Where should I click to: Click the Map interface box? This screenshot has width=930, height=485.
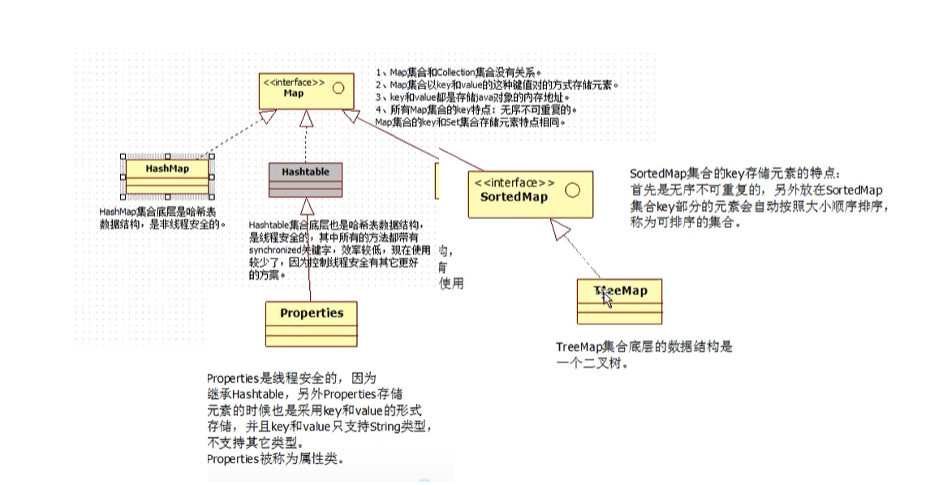click(x=305, y=89)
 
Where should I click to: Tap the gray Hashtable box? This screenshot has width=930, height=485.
click(x=305, y=179)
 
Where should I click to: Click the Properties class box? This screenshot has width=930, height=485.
click(x=312, y=323)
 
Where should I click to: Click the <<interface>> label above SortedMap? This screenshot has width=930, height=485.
click(x=515, y=182)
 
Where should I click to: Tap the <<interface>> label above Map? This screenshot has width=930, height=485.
click(x=293, y=82)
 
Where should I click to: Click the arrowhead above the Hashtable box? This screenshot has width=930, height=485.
click(x=306, y=118)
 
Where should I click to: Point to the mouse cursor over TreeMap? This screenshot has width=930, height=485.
click(x=606, y=297)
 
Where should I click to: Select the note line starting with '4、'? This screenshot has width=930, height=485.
click(x=476, y=109)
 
